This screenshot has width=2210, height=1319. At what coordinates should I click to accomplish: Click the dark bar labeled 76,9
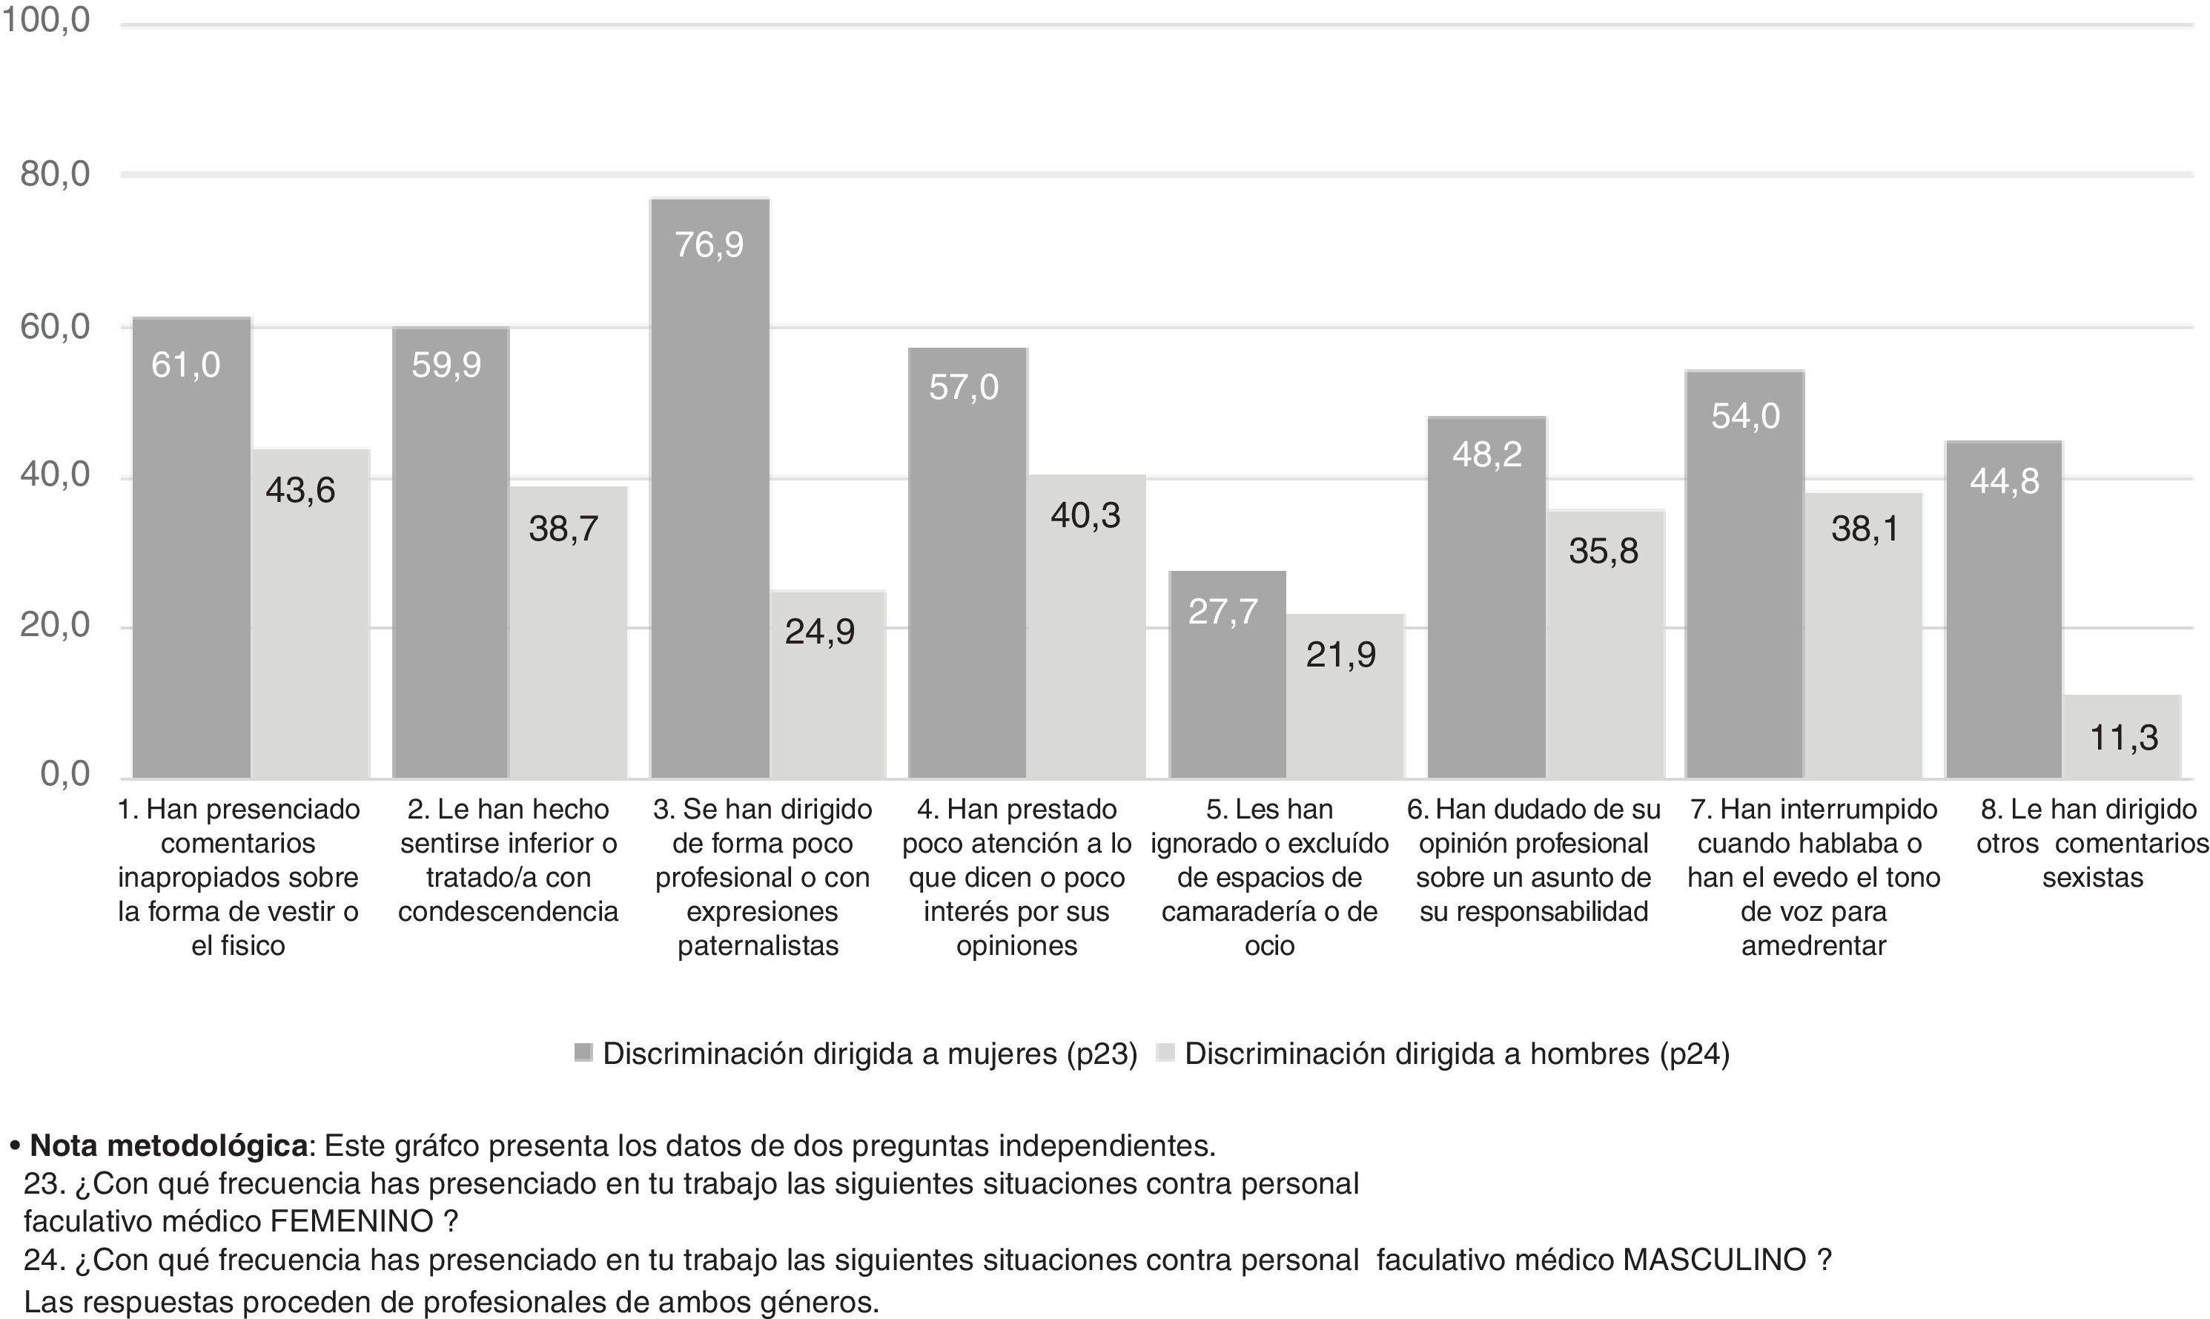point(709,489)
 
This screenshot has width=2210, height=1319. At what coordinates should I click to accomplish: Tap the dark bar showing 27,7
point(1227,675)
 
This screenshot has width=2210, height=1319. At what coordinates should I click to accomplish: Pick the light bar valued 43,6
point(310,613)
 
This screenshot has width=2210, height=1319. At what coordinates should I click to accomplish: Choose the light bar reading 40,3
point(1086,627)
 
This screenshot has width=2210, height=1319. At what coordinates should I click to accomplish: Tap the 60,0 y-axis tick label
point(55,327)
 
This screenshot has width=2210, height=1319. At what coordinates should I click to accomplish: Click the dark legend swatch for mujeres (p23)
point(584,1054)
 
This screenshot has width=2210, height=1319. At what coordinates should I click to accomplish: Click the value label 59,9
point(446,366)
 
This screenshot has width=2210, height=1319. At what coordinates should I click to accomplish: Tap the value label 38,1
point(1865,529)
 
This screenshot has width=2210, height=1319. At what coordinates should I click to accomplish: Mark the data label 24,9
point(819,632)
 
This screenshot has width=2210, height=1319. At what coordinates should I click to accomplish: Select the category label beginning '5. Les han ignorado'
point(1269,876)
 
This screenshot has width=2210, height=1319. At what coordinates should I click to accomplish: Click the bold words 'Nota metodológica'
point(169,1146)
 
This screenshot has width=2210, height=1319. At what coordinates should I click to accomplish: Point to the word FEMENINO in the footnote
point(352,1222)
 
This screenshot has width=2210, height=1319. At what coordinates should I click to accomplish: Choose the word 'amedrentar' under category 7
point(1813,946)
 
